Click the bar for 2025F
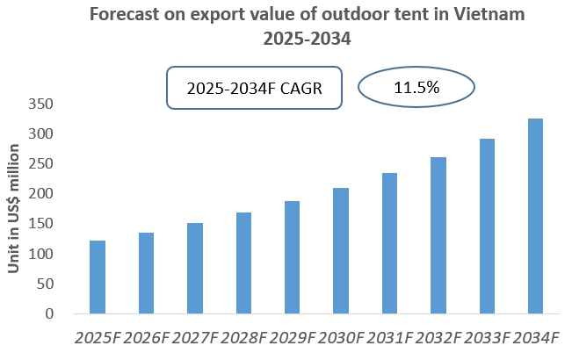[x=98, y=277]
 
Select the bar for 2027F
[x=195, y=269]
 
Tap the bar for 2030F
[x=340, y=251]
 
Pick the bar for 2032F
[x=438, y=235]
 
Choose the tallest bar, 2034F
[x=534, y=216]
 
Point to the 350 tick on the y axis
[x=40, y=104]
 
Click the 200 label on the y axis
[x=40, y=194]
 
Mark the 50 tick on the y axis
[x=45, y=284]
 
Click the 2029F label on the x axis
[x=292, y=338]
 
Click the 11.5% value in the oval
[x=416, y=89]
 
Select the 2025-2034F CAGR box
[x=255, y=89]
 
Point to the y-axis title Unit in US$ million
[x=15, y=211]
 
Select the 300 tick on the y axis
[x=40, y=133]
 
